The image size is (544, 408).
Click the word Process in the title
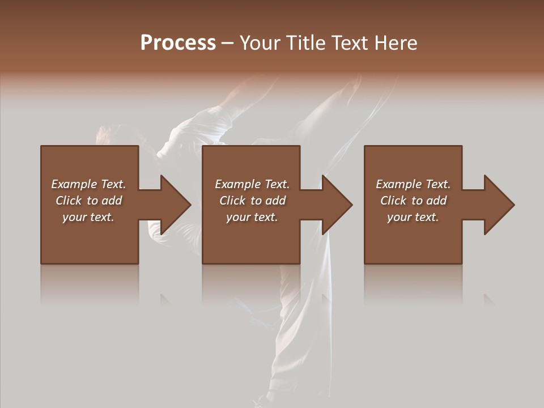point(178,42)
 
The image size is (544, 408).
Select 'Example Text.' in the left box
point(88,184)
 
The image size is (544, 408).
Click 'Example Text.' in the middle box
point(252,184)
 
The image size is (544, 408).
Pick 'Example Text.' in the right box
point(413,184)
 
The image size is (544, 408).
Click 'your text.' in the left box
point(88,217)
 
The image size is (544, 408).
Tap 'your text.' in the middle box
point(252,217)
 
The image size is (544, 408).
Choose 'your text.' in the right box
point(413,217)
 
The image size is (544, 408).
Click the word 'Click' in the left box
point(69,201)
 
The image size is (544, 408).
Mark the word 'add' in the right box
point(436,201)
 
